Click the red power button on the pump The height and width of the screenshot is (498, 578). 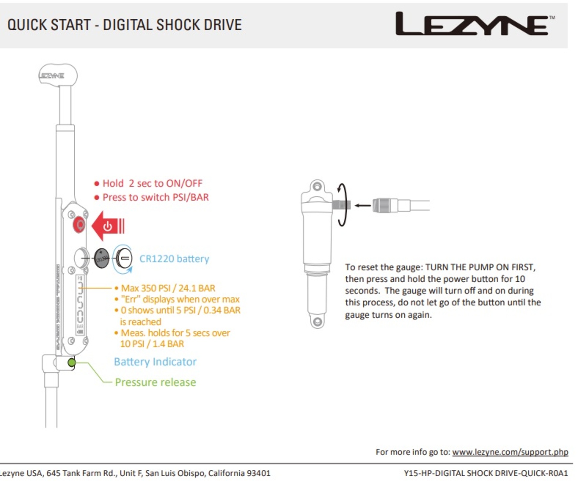79,225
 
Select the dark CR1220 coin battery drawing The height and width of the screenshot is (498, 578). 102,258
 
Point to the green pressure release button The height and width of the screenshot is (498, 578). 72,362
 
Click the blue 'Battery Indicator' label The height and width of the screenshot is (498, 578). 155,361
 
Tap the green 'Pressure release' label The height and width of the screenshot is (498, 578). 155,382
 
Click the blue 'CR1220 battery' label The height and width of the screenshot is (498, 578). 174,259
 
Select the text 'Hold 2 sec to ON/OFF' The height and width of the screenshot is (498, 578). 152,183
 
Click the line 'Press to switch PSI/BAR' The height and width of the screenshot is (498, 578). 155,197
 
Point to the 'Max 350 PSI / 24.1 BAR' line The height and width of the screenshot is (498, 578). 168,288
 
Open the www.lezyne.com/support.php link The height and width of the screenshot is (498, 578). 510,452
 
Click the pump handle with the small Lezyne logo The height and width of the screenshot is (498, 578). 57,75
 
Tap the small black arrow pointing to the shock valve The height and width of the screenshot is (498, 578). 362,206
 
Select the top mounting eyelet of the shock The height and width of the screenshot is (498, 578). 317,186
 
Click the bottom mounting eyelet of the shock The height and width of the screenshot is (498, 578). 317,322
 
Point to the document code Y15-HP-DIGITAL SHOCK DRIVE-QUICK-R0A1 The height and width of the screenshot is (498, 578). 486,473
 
